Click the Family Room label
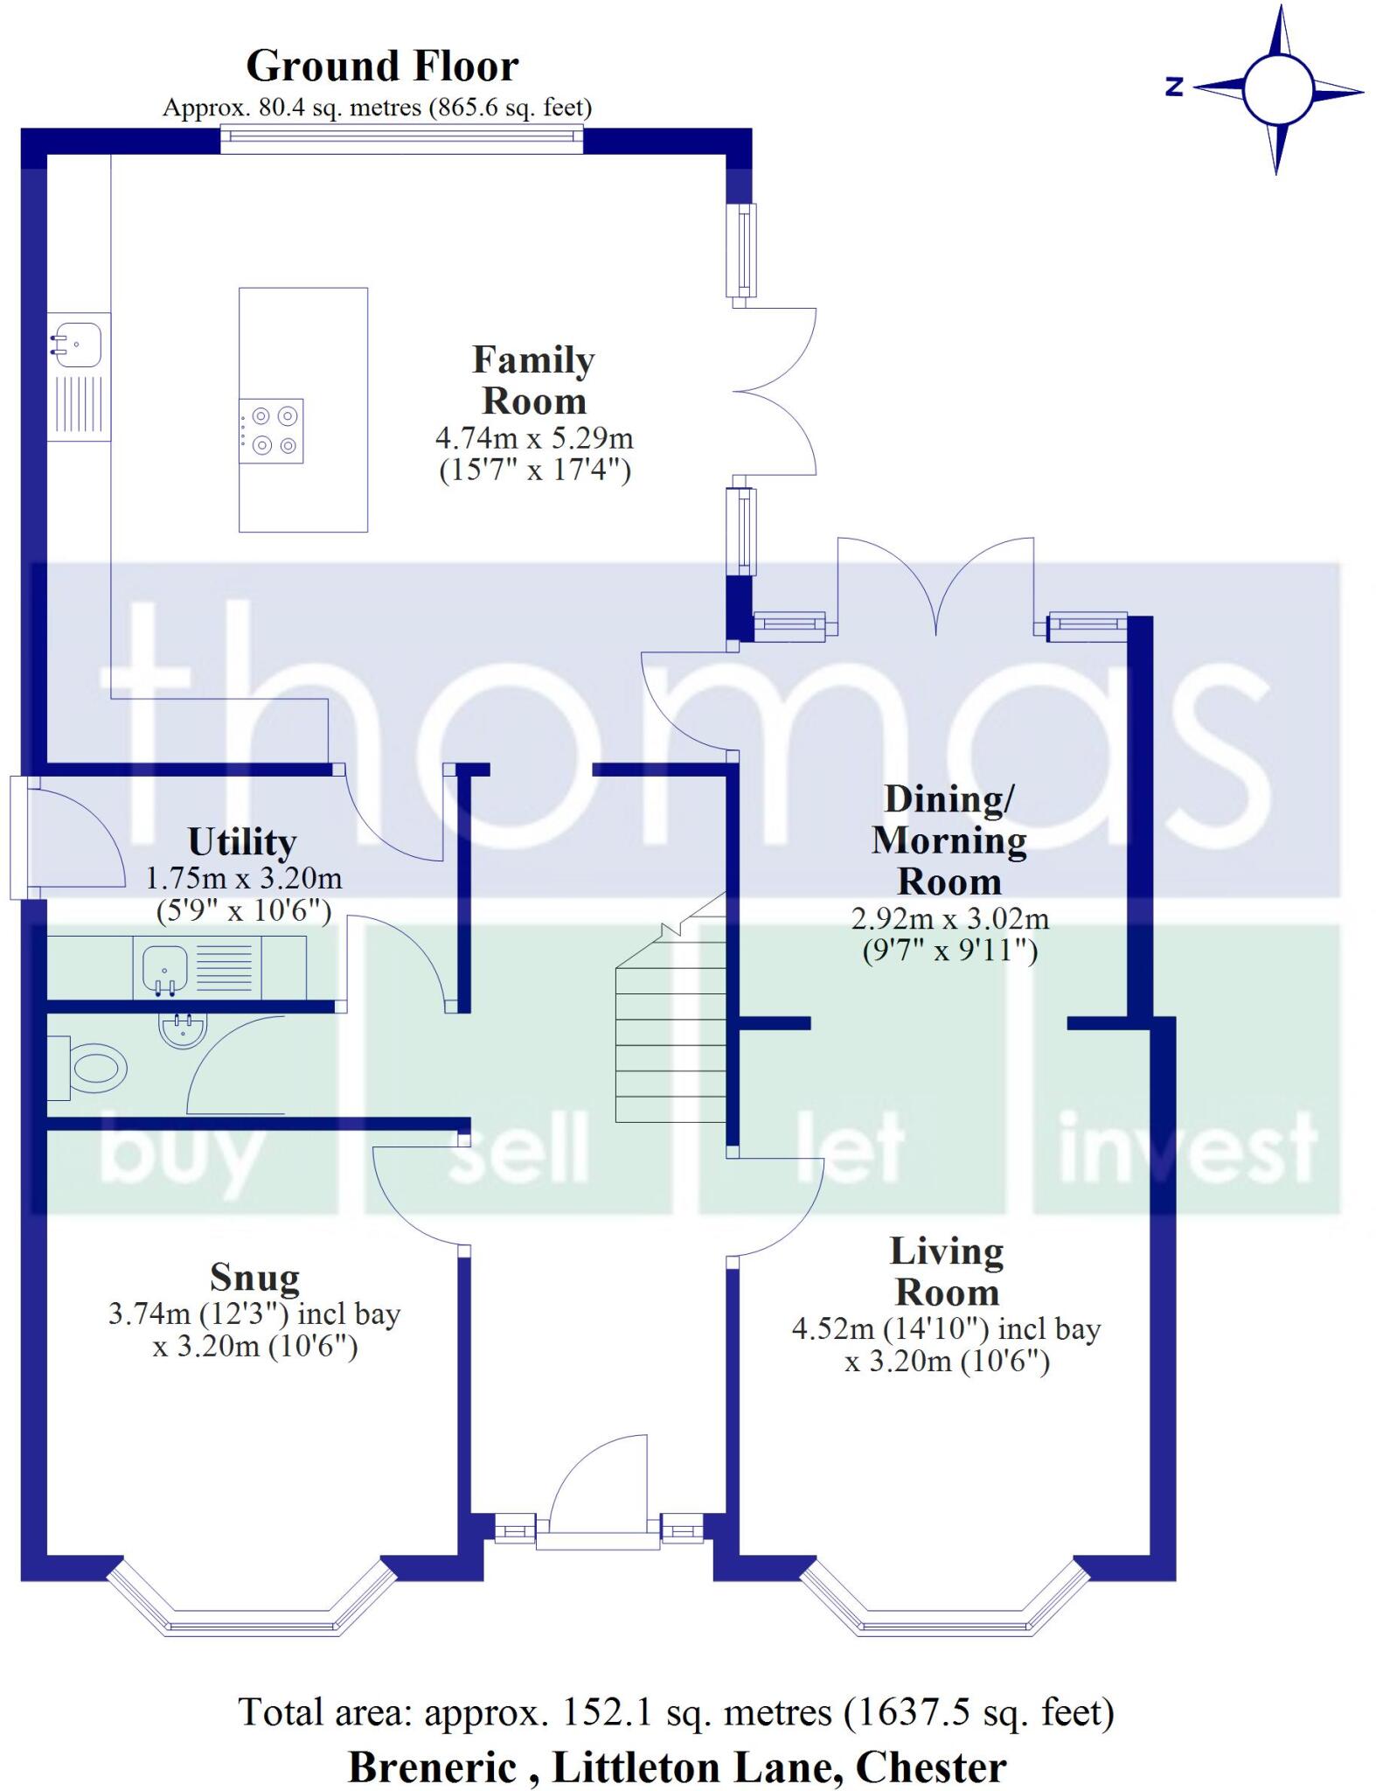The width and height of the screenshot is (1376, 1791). coord(533,380)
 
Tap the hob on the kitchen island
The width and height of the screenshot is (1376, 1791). coord(271,431)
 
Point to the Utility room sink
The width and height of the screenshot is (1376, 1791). coord(164,968)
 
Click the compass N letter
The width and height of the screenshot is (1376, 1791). coord(1174,87)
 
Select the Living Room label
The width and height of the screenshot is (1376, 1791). coord(947,1272)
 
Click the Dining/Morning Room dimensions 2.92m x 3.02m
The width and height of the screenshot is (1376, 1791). coord(950,919)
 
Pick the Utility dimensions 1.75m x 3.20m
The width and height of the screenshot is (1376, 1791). coord(244,878)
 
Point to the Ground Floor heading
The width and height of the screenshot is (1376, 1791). coord(382,66)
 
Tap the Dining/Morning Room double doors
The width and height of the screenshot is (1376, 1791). coord(935,586)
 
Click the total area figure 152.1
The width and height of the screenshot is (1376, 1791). coord(607,1712)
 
